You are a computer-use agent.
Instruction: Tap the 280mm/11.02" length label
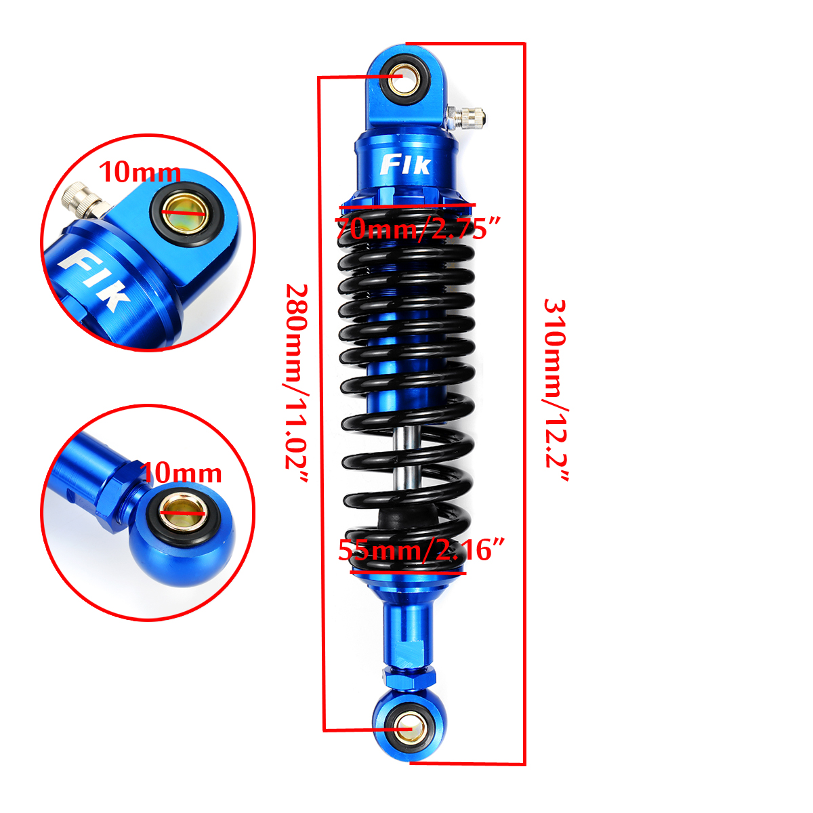click(x=296, y=384)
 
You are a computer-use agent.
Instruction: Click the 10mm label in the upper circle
click(x=140, y=173)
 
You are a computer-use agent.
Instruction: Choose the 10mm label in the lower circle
click(x=181, y=473)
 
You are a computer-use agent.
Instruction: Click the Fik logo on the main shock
click(x=405, y=165)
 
